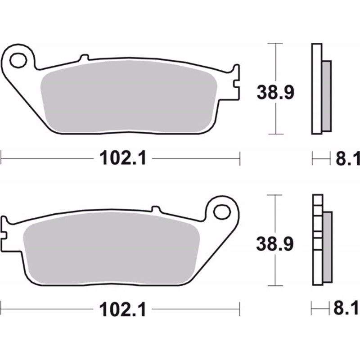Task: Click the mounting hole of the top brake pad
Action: [x=18, y=60]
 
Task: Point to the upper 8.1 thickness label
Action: [x=347, y=158]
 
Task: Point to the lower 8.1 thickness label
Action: [x=347, y=310]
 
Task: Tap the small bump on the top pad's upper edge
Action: [x=84, y=58]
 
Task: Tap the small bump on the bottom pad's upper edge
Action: [x=155, y=209]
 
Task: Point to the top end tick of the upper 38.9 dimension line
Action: [x=275, y=44]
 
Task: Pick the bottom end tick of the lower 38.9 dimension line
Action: [x=275, y=285]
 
